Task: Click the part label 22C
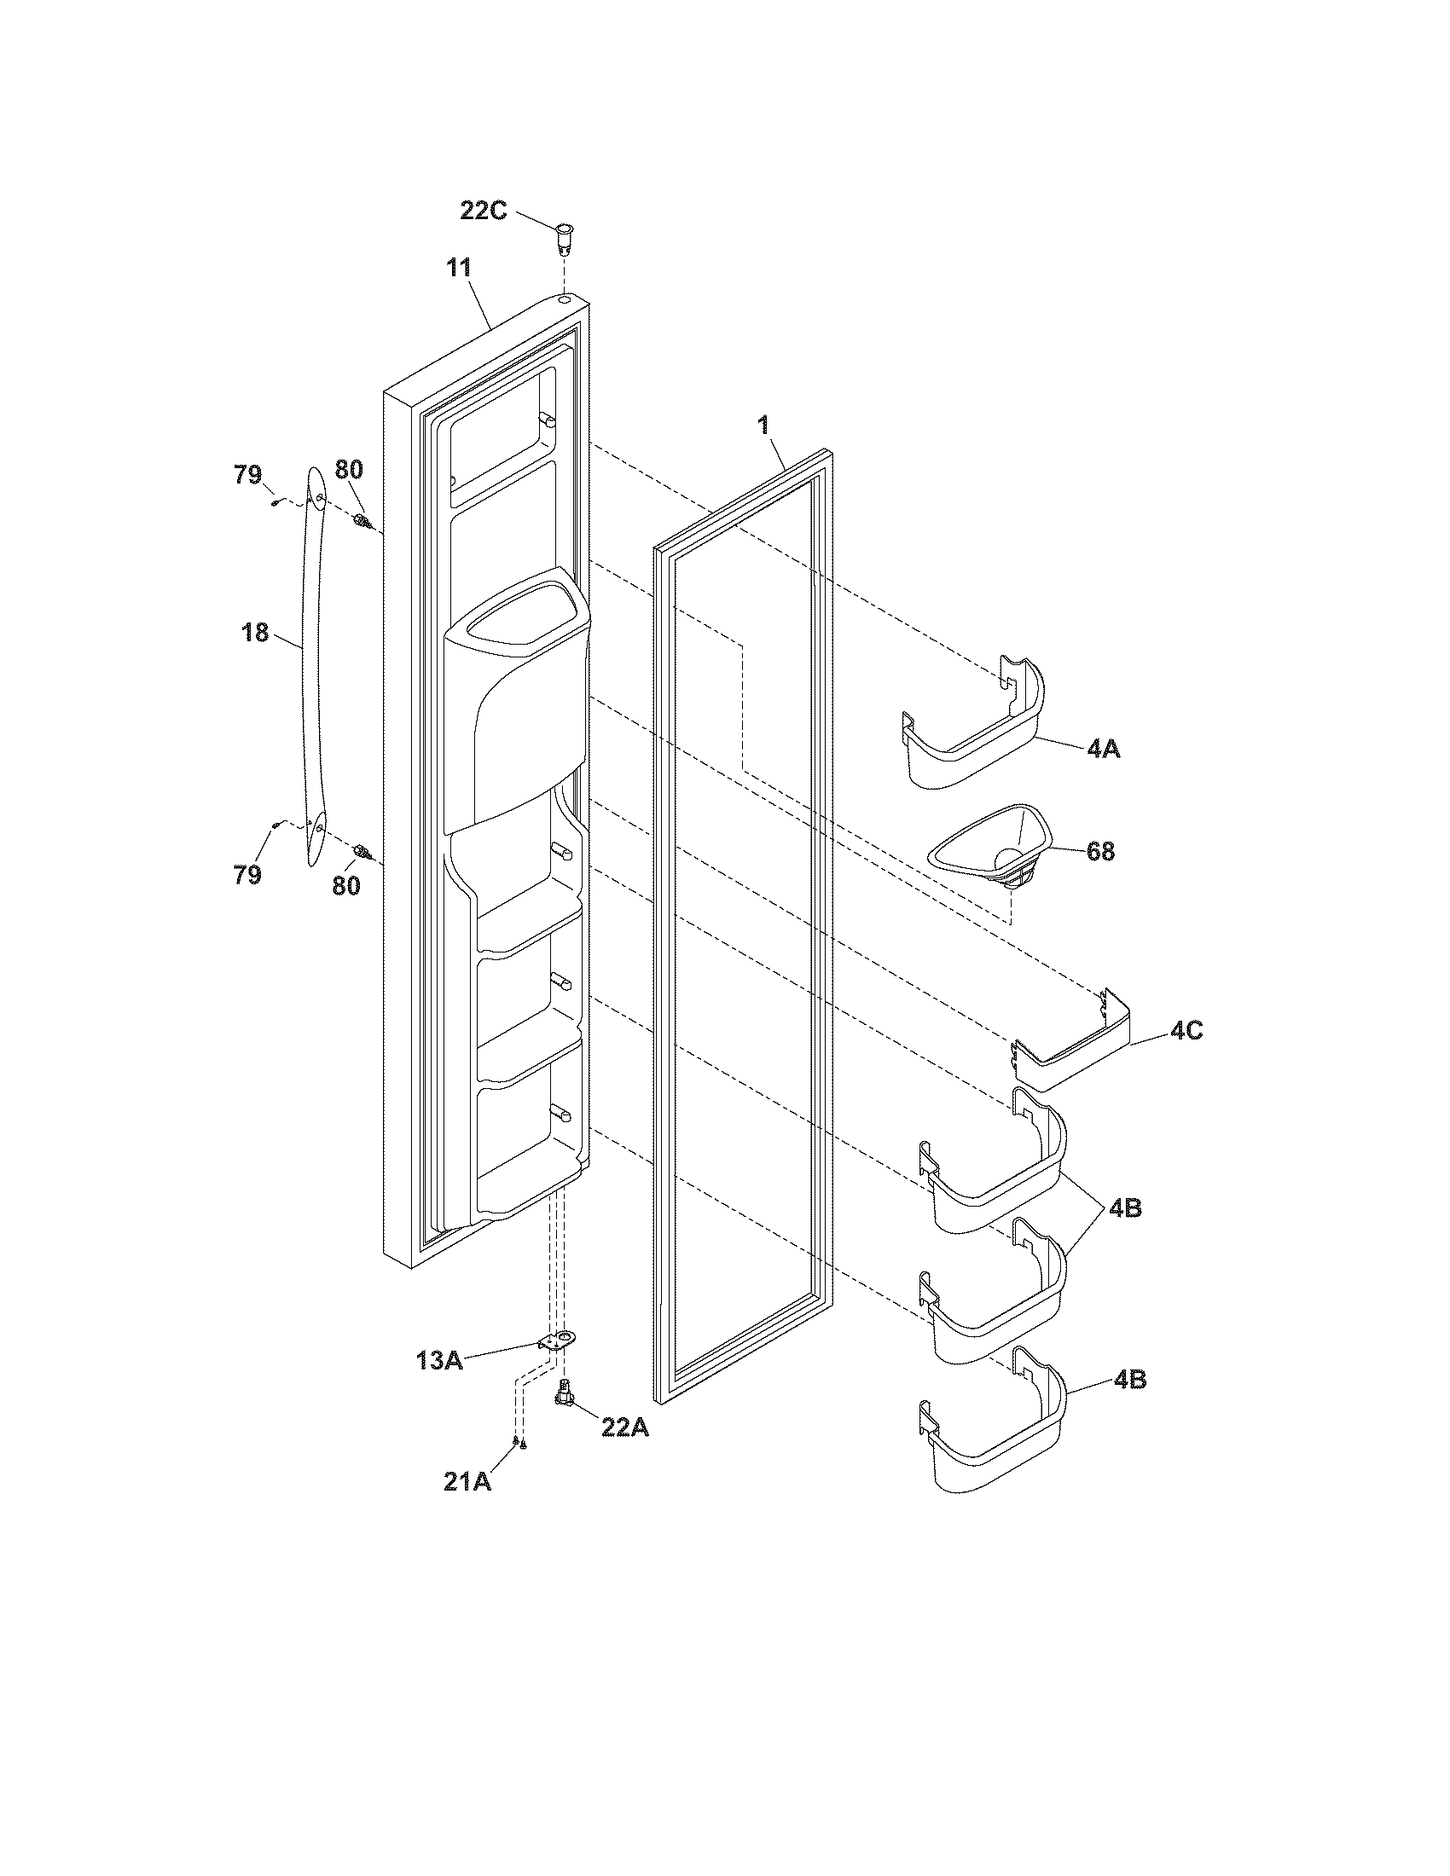[x=484, y=209]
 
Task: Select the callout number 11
[x=458, y=266]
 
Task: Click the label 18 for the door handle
[x=255, y=633]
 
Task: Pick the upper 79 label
[x=248, y=474]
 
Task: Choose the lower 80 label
[x=346, y=885]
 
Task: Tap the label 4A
[x=1103, y=749]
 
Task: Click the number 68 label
[x=1100, y=851]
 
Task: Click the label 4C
[x=1186, y=1031]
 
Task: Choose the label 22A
[x=625, y=1427]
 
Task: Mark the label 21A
[x=467, y=1481]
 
